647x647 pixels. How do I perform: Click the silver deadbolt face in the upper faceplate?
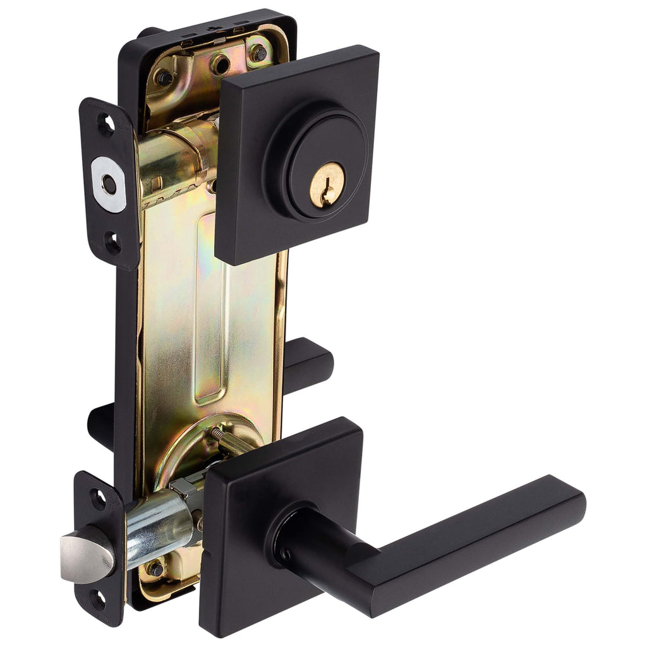[109, 184]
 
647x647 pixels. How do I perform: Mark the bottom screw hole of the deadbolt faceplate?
[112, 242]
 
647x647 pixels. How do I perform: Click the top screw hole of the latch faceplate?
[98, 499]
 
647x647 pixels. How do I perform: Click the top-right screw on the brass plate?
[258, 53]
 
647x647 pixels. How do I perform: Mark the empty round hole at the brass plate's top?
[220, 64]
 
